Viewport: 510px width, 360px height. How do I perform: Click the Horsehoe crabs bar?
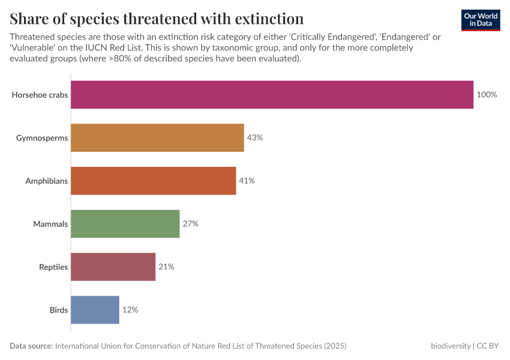click(272, 95)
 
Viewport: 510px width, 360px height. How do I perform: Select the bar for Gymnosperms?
click(157, 138)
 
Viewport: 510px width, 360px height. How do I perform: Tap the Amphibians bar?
click(153, 181)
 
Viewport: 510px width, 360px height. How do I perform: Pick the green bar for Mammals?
click(125, 224)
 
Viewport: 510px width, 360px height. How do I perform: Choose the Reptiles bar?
click(113, 267)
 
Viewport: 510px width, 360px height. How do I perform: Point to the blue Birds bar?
click(95, 310)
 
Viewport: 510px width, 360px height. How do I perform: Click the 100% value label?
click(487, 95)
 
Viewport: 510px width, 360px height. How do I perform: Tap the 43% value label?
click(255, 138)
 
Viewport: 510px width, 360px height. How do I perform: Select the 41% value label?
click(247, 181)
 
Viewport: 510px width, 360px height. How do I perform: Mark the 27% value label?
click(190, 224)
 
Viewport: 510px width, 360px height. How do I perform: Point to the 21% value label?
click(166, 267)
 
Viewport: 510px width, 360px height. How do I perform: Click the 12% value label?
click(130, 310)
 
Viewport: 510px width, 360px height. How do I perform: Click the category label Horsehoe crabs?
click(40, 95)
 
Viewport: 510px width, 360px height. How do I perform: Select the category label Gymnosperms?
click(42, 138)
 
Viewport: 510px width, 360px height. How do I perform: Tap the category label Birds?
click(58, 310)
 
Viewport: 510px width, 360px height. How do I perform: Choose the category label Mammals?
click(50, 224)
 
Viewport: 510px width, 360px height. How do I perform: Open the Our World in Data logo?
click(481, 20)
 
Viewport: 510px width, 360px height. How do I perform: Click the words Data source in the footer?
click(31, 346)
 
